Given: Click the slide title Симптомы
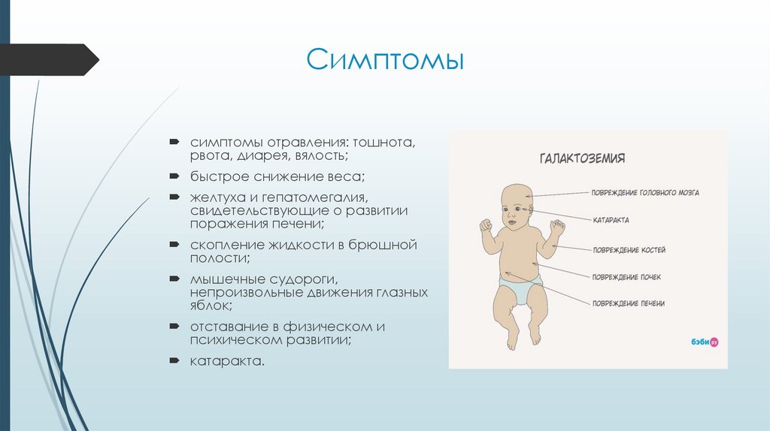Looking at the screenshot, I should [x=384, y=60].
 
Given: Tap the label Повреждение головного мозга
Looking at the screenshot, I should [x=645, y=193].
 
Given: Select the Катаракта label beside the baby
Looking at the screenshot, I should [x=611, y=221].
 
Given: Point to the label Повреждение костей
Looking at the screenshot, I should [x=629, y=249].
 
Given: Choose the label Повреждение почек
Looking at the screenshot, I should [x=626, y=277].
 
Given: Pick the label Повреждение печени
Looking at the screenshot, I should [x=629, y=303].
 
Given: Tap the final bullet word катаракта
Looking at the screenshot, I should [x=227, y=361].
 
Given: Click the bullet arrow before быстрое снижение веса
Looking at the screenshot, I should [x=174, y=176].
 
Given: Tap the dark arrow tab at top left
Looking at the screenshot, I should [x=49, y=59].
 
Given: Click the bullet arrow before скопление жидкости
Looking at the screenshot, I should [x=174, y=245].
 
